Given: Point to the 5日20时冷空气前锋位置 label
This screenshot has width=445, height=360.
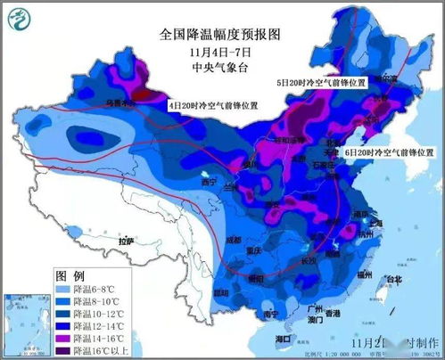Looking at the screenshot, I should (x=320, y=82).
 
